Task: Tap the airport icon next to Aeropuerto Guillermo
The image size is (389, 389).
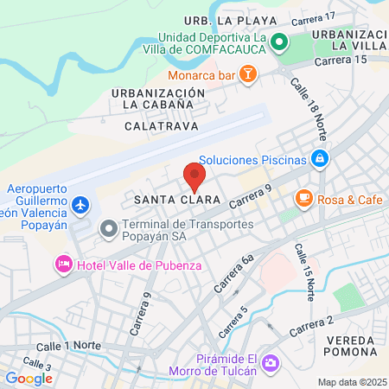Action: tap(80, 205)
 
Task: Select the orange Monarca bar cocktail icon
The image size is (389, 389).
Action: tap(247, 75)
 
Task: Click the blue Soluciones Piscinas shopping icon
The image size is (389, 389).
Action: tap(320, 159)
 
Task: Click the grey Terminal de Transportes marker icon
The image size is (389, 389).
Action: tap(108, 229)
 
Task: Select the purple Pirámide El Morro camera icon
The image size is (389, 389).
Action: tap(271, 361)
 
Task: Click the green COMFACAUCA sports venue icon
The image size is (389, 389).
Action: tap(278, 42)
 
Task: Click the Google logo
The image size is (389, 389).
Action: tap(29, 378)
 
